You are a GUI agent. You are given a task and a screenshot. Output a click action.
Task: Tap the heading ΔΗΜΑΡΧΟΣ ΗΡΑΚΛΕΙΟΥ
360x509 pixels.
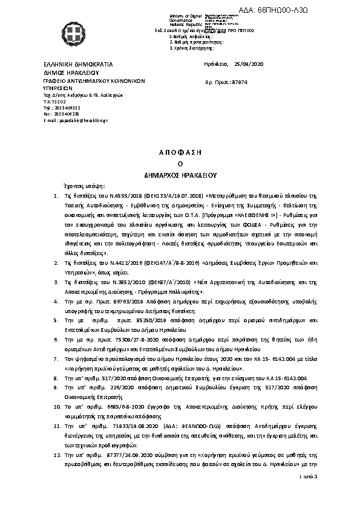pyautogui.click(x=180, y=173)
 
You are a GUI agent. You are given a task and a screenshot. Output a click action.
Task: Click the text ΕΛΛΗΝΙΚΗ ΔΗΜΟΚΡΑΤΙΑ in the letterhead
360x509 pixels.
pyautogui.click(x=79, y=64)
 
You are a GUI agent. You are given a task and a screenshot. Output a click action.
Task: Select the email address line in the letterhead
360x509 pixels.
pyautogui.click(x=76, y=121)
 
